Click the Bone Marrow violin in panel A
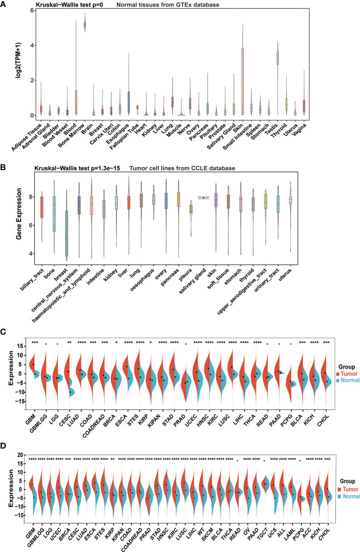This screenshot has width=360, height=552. click(86, 25)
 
